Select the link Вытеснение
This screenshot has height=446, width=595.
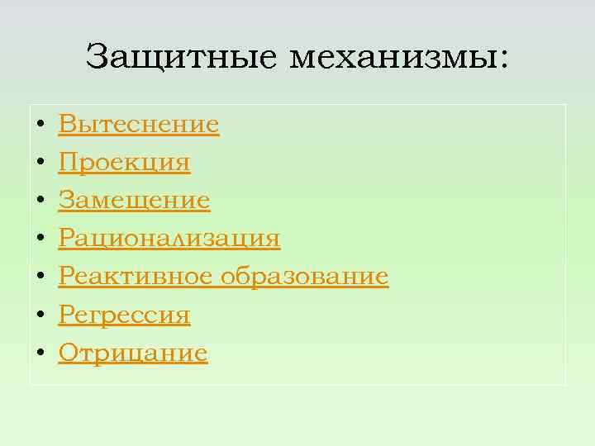[x=138, y=125]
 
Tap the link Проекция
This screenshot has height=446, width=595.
[x=124, y=163]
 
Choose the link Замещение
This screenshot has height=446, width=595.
[x=134, y=201]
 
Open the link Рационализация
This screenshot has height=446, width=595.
[x=169, y=239]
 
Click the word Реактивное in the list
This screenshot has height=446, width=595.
[x=136, y=277]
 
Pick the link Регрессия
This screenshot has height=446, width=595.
[x=124, y=315]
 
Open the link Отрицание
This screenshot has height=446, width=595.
[x=132, y=353]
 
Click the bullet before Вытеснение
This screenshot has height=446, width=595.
[x=40, y=126]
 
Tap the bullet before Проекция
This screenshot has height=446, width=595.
[x=40, y=164]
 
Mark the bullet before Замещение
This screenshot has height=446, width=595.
[x=40, y=202]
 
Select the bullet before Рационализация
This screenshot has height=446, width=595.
[x=40, y=240]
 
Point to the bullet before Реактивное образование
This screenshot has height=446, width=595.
[x=40, y=278]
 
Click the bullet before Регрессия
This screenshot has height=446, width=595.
[x=40, y=316]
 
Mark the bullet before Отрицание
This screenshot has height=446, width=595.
[x=40, y=354]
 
